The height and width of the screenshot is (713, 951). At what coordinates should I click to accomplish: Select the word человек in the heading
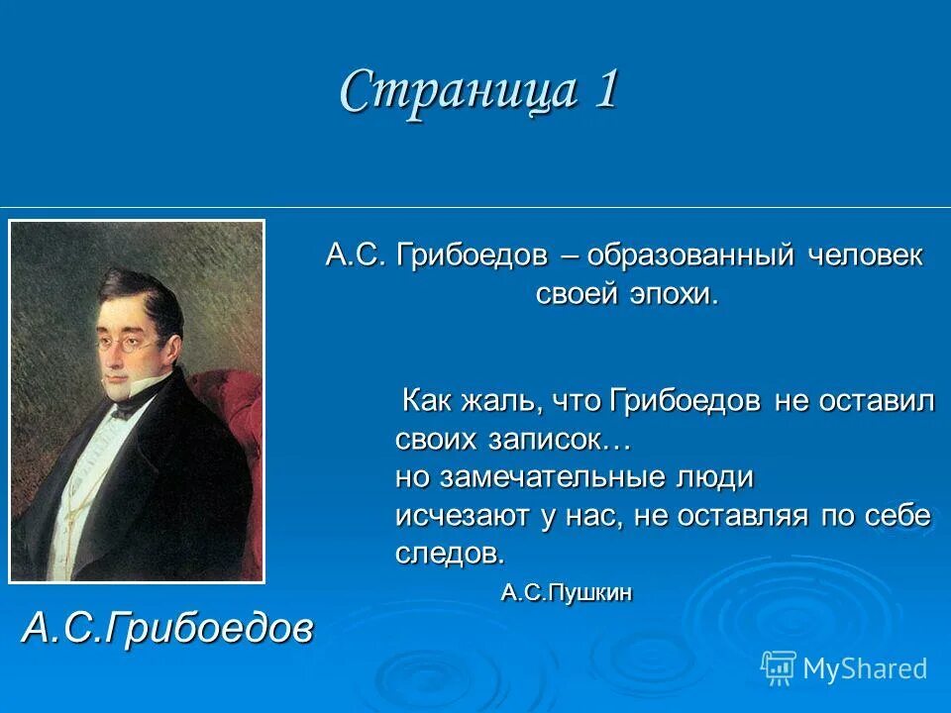click(x=864, y=255)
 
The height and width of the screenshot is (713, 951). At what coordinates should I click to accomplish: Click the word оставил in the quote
click(x=881, y=401)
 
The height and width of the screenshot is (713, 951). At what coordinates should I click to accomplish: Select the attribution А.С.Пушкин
click(x=567, y=593)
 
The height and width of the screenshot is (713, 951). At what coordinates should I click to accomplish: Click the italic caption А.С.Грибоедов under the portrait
click(x=166, y=627)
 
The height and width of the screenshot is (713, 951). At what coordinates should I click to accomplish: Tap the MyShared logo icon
click(x=779, y=666)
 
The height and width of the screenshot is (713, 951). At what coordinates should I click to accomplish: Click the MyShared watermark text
click(x=865, y=668)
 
